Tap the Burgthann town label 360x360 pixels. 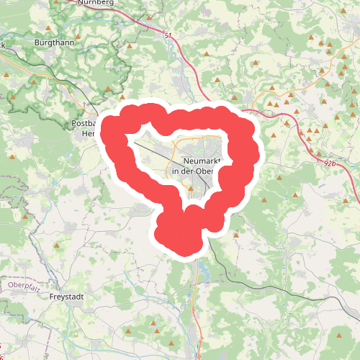(53, 43)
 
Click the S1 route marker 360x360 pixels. (168, 35)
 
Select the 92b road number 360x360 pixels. (330, 163)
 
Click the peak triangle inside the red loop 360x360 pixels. (191, 189)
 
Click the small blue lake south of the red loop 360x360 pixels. (205, 272)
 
